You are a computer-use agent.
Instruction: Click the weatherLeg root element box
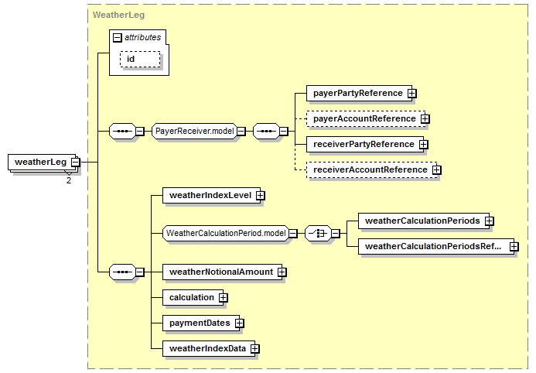tap(39, 162)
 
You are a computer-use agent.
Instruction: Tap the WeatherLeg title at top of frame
tap(118, 14)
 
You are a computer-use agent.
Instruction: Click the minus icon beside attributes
tap(117, 37)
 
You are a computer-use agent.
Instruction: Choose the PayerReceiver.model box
tap(194, 131)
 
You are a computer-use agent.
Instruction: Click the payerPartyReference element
tap(357, 93)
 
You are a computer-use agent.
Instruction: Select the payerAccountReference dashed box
tap(364, 118)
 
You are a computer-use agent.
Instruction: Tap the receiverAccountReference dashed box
tap(370, 169)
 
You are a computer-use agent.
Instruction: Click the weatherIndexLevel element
tap(210, 196)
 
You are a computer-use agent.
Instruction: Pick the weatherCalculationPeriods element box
tap(422, 221)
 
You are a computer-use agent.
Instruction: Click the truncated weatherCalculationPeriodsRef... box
tap(432, 247)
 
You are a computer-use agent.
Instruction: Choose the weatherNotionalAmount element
tap(220, 272)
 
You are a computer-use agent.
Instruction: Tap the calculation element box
tap(191, 296)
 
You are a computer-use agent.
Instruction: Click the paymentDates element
tap(199, 323)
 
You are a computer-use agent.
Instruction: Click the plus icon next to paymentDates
tap(239, 323)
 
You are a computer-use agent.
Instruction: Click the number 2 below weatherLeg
tap(68, 180)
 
